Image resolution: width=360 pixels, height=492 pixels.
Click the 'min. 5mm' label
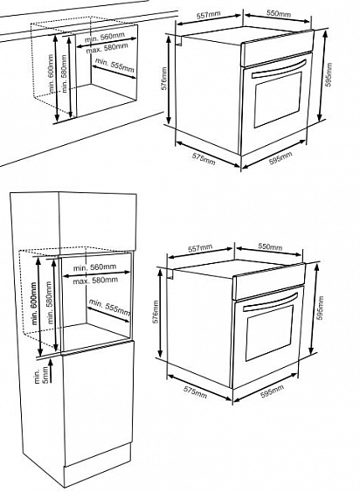point(41,375)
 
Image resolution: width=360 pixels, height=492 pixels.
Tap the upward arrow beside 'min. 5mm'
point(51,371)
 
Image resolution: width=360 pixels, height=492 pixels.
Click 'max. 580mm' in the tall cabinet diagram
point(95,281)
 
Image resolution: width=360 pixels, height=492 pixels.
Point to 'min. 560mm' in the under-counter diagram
point(105,38)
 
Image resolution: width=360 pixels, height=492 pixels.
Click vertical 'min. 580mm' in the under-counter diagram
point(65,73)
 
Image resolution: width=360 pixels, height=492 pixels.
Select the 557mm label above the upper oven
point(209,15)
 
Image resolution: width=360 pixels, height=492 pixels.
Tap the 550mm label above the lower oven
point(270,246)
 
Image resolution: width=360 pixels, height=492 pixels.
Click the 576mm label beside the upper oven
point(163,78)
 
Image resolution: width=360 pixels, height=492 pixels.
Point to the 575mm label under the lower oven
point(195,392)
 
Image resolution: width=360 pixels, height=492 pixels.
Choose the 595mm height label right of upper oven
point(329,75)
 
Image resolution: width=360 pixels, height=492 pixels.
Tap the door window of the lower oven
point(269,333)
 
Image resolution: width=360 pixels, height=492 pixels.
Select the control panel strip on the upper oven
point(277,48)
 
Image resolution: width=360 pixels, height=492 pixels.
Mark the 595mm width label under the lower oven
point(272,391)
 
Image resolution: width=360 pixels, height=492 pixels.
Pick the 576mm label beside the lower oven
point(156,313)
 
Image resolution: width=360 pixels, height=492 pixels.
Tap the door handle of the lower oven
point(270,301)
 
